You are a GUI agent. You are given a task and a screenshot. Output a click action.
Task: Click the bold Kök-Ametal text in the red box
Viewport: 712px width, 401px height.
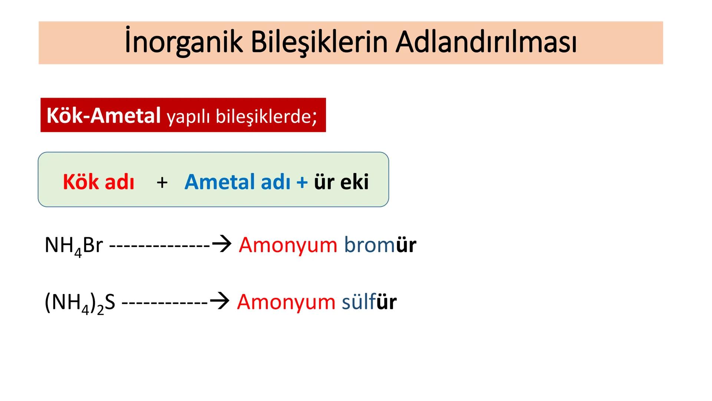[x=103, y=115]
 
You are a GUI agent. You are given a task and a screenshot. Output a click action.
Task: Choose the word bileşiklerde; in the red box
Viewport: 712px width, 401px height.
[x=267, y=117]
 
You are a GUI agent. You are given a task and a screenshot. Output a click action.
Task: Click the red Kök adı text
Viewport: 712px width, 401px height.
[x=99, y=182]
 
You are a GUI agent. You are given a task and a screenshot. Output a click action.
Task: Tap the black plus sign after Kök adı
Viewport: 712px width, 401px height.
[x=162, y=182]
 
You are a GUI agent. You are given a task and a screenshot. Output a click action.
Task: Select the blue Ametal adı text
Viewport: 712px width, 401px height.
[x=237, y=182]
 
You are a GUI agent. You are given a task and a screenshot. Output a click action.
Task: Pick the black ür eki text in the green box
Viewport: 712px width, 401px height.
[x=341, y=182]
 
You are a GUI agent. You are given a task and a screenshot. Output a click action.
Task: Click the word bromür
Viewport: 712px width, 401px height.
[x=380, y=245]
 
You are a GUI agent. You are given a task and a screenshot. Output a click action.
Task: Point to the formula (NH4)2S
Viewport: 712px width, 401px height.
[x=80, y=303]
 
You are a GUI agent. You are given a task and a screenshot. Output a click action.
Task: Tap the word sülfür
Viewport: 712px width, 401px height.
[x=369, y=302]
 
